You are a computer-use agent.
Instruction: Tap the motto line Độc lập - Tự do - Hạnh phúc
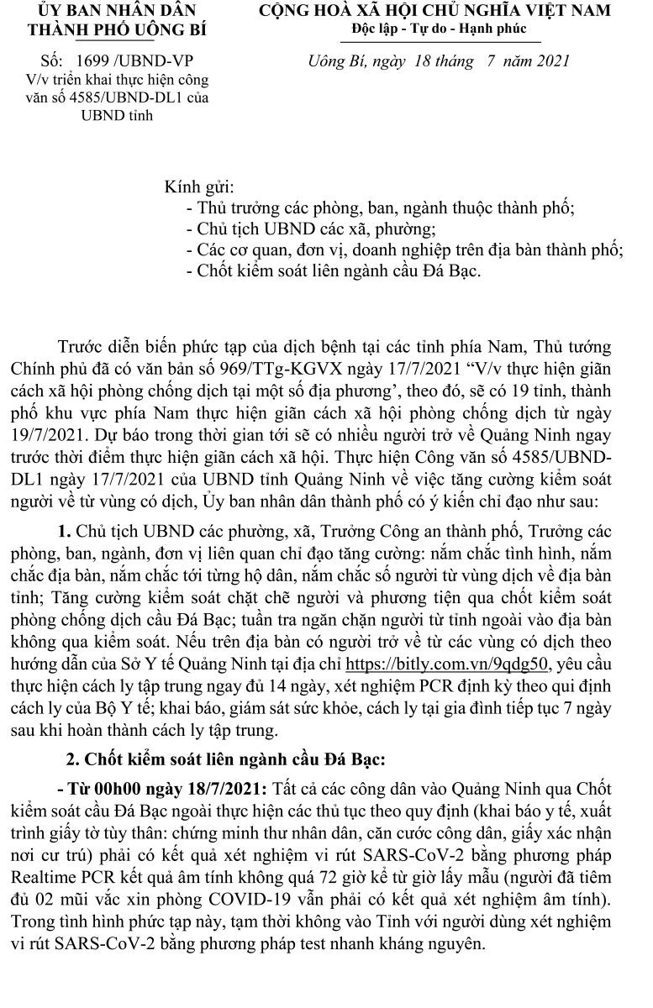point(439,29)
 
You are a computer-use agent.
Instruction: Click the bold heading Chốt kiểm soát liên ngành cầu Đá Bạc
point(226,761)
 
